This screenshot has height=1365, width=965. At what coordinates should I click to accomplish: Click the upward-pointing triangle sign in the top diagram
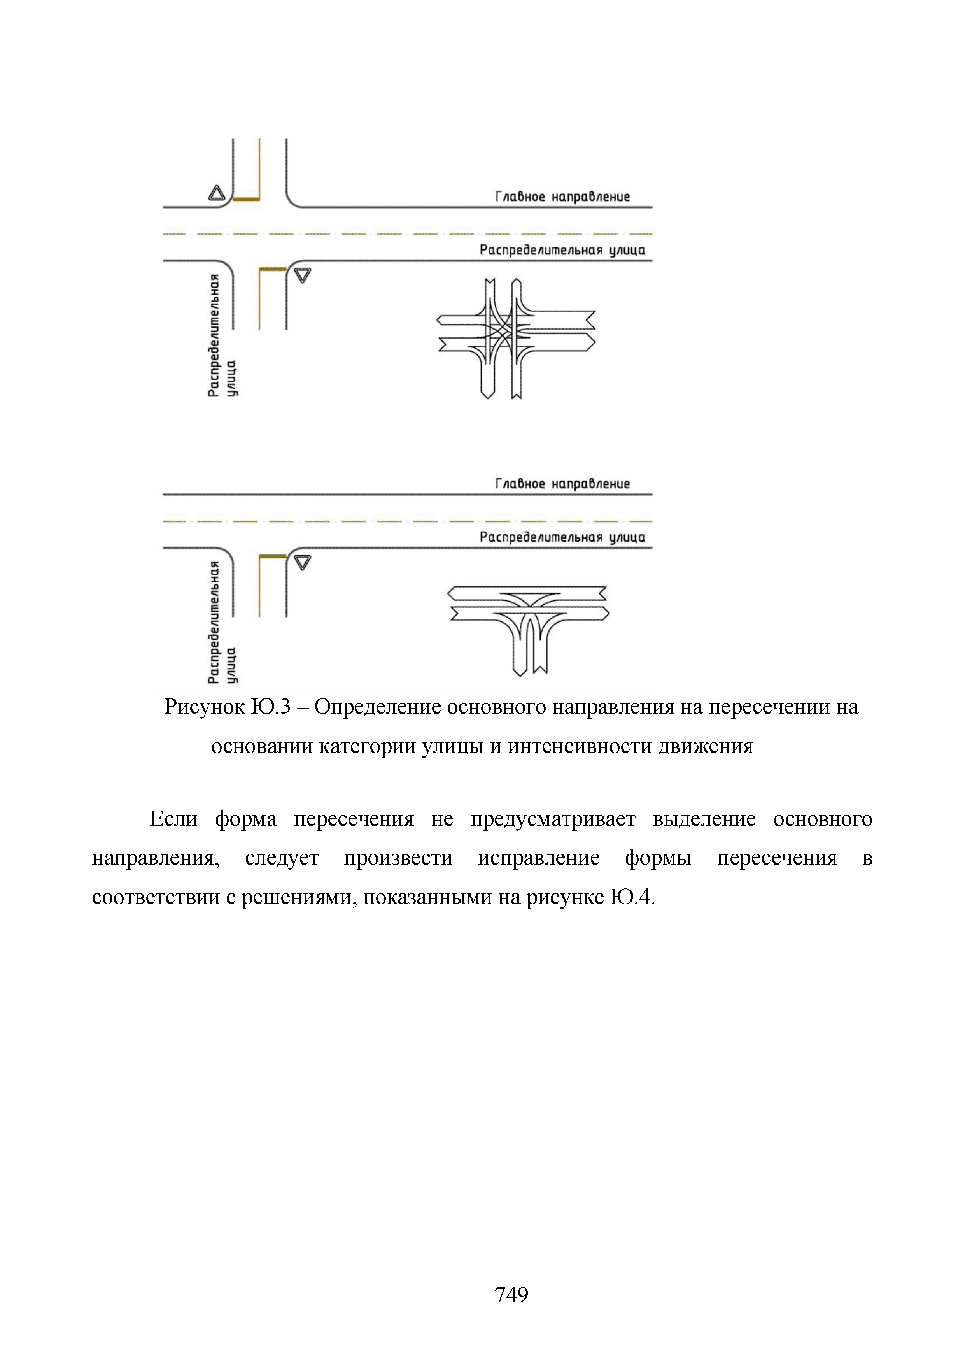click(x=216, y=193)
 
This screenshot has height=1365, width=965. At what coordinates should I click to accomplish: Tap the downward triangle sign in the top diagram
click(x=303, y=275)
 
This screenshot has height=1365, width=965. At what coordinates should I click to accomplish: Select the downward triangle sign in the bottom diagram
click(x=303, y=562)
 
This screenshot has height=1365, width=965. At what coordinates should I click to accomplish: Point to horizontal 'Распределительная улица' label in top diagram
click(x=562, y=250)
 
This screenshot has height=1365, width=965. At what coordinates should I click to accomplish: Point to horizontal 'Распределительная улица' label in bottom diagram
click(x=562, y=537)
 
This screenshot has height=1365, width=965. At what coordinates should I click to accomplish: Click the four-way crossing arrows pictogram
click(x=516, y=338)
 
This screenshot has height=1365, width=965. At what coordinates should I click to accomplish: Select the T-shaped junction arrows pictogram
click(x=528, y=627)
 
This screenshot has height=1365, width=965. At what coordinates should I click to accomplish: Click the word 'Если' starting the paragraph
click(x=173, y=819)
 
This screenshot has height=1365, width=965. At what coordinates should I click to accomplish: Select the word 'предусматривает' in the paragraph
click(x=553, y=819)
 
